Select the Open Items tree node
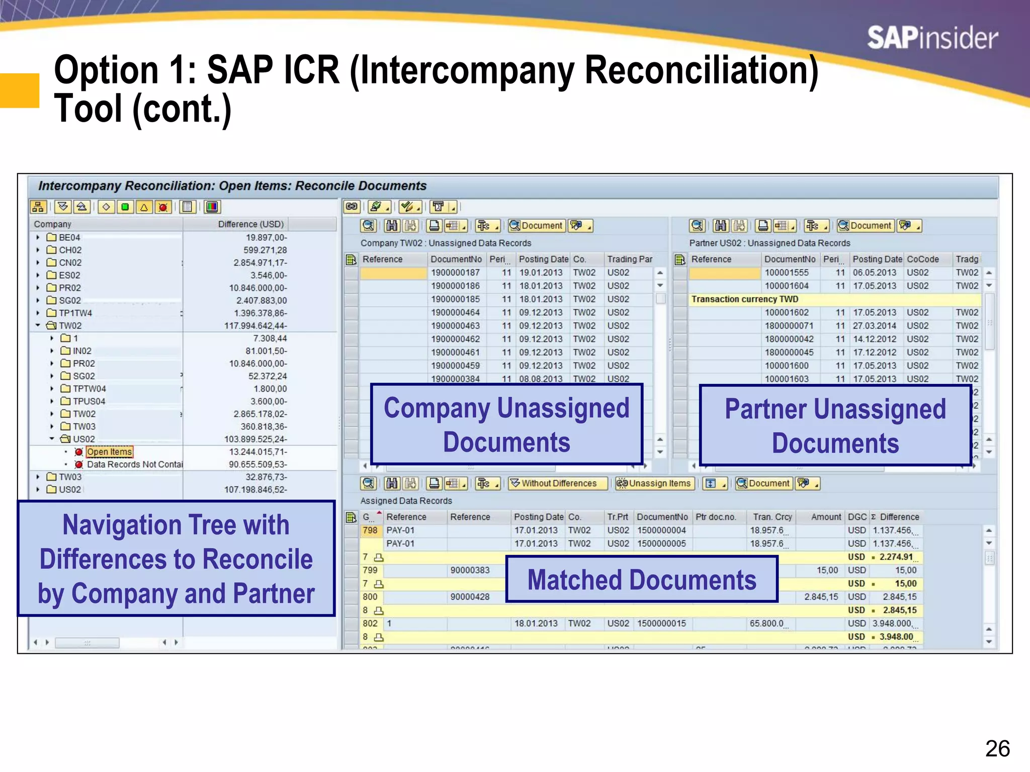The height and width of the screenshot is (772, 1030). coord(109,452)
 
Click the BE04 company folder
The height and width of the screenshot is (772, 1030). coord(69,237)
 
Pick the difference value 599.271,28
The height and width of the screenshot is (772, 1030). coord(265,250)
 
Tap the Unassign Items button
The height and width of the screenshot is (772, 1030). coord(655,484)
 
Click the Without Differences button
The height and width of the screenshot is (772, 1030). coord(558,484)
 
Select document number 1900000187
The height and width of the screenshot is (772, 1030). coord(455,272)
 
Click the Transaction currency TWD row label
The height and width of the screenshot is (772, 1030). coord(744,299)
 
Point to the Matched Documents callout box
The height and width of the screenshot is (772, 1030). coord(642,580)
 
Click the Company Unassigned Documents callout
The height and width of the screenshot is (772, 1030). coord(506,425)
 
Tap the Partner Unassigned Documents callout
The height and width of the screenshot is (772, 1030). coord(835,425)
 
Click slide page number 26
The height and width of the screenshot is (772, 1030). coord(997,748)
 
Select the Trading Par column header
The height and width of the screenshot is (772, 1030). coord(629,259)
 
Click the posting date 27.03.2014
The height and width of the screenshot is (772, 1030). coord(874,326)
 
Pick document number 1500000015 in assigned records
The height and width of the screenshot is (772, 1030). coord(661,623)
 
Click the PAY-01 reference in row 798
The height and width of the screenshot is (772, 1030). coord(400,530)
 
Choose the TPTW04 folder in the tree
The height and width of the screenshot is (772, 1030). coord(89,389)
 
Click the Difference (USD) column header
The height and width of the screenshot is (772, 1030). coord(250,224)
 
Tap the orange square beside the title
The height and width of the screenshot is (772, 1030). coord(20,90)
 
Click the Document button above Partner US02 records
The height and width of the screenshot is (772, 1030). coord(866,226)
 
